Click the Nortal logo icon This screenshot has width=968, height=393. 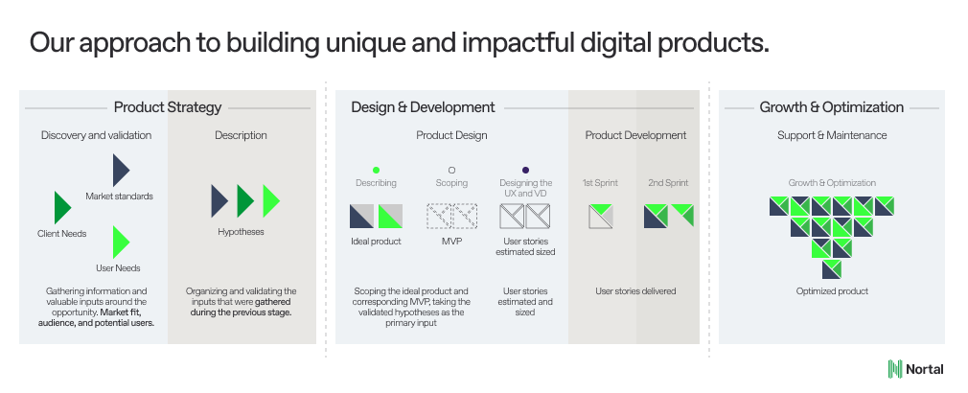[894, 369]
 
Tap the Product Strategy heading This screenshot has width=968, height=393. [168, 107]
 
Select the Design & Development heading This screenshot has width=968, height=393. [423, 107]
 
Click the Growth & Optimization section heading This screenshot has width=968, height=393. [831, 107]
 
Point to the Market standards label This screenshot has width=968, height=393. [119, 196]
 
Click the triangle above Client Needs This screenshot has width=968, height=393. [62, 207]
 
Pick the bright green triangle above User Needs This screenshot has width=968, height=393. [121, 242]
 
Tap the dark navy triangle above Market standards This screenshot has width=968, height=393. [121, 170]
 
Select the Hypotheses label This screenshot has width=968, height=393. [241, 232]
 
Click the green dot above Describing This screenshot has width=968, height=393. [376, 171]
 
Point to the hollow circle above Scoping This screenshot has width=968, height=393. [451, 171]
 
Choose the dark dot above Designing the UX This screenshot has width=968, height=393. [525, 171]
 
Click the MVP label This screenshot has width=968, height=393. [451, 242]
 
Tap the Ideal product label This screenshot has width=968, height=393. [376, 242]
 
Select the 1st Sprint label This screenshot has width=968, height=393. [600, 183]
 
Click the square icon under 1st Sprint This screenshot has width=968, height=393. [601, 216]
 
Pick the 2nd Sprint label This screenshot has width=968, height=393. [668, 183]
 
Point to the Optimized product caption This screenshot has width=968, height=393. [832, 291]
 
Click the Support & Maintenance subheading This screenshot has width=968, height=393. [832, 135]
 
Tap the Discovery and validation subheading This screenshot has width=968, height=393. [96, 135]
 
